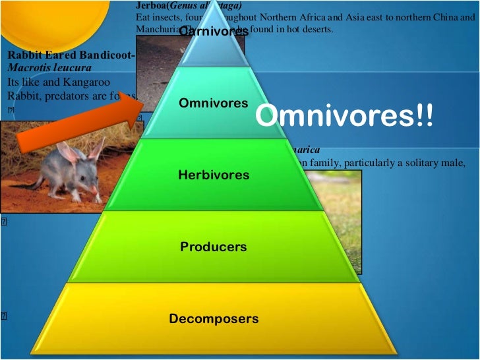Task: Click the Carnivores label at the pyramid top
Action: point(214,31)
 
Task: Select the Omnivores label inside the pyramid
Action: point(214,104)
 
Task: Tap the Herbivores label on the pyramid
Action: point(214,175)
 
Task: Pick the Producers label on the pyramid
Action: point(214,247)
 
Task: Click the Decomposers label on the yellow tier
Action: point(214,319)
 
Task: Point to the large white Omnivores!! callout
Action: point(345,117)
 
